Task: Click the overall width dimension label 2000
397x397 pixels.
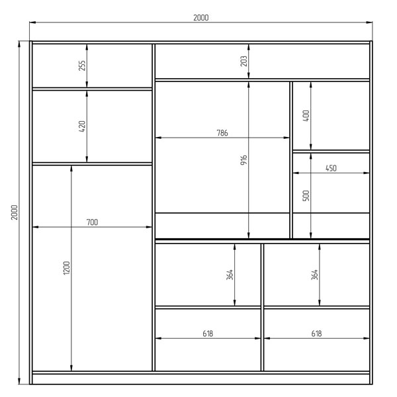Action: (x=200, y=18)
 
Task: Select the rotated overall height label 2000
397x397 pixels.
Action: (x=15, y=212)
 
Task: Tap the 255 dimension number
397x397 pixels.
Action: (x=82, y=66)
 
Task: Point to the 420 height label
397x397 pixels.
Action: (x=82, y=126)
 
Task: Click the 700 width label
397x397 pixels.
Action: (x=92, y=222)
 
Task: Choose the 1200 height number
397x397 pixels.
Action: (x=66, y=268)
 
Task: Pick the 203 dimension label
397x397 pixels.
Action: (x=243, y=61)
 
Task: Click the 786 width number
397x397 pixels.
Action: (x=222, y=133)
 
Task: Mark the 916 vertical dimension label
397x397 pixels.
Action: (x=243, y=160)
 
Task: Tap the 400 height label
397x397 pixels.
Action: (x=306, y=116)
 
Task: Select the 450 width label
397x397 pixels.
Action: (x=331, y=168)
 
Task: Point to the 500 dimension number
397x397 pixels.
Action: (x=306, y=195)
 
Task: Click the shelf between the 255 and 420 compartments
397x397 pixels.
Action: (x=92, y=89)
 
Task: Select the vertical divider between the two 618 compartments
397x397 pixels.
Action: (x=262, y=307)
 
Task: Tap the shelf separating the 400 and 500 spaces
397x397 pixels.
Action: (x=331, y=152)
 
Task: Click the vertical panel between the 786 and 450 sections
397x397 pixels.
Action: (x=291, y=159)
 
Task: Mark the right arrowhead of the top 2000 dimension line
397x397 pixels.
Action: (x=369, y=22)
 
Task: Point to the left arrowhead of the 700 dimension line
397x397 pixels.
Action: (x=36, y=227)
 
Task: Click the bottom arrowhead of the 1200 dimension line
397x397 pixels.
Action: (x=71, y=368)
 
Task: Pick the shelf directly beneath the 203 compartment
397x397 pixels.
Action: (x=262, y=80)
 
